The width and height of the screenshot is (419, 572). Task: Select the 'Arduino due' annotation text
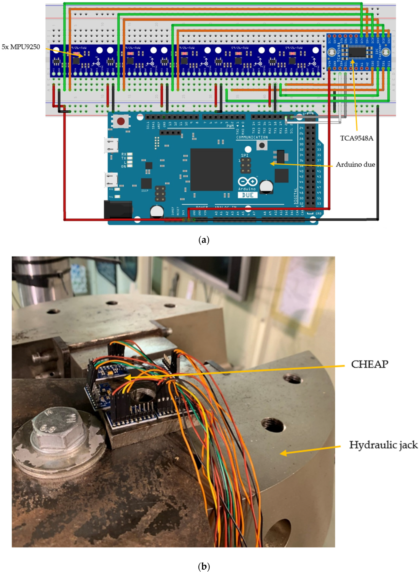click(355, 164)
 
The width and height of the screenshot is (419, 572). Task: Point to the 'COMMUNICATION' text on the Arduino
click(252, 137)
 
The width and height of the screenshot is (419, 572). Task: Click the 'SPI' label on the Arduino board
click(245, 155)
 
